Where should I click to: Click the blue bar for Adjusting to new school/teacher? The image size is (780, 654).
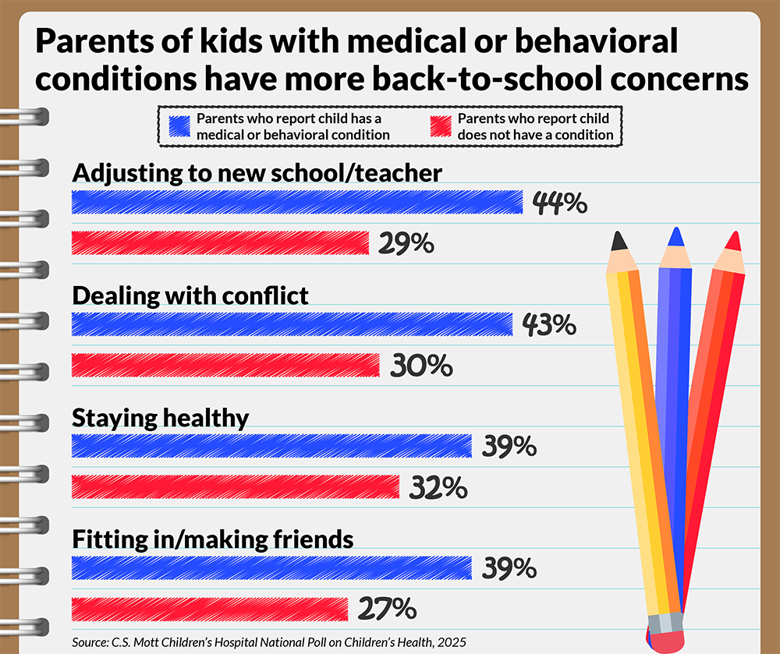(296, 202)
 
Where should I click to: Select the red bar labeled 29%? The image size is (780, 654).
(220, 243)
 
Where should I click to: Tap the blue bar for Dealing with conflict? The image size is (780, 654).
(292, 324)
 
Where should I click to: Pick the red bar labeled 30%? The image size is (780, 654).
(225, 365)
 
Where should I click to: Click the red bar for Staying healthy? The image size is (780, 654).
(236, 487)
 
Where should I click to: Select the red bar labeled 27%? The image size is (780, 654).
(209, 609)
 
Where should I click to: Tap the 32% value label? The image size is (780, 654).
(438, 488)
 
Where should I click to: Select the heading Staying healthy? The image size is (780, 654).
(160, 418)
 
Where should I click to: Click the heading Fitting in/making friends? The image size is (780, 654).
(213, 539)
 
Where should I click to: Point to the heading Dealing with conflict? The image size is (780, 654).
(190, 296)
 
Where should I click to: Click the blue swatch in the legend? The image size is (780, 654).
(179, 126)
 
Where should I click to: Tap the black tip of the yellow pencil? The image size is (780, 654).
(619, 240)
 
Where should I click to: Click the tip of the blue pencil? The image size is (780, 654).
(676, 235)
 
